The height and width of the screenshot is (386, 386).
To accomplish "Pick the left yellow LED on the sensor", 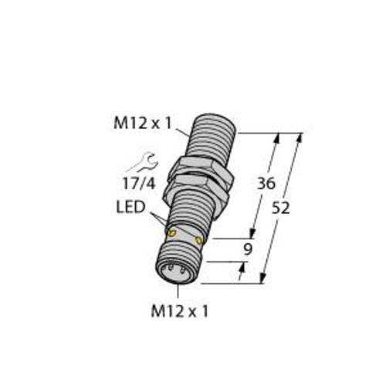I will (x=172, y=232).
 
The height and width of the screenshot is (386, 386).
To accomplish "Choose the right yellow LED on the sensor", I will (x=199, y=241).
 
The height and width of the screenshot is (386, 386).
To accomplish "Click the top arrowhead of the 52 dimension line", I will (x=298, y=137).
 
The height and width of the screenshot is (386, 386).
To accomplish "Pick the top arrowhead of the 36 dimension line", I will (x=276, y=137).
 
